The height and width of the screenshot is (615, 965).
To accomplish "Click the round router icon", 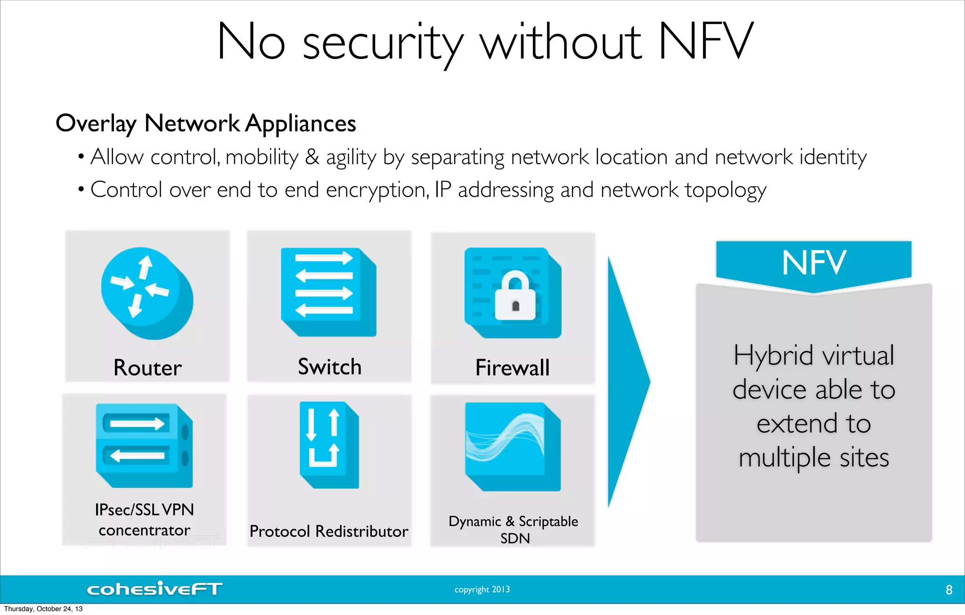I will pyautogui.click(x=147, y=293).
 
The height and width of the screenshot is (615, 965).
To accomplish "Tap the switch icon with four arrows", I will pyautogui.click(x=328, y=291).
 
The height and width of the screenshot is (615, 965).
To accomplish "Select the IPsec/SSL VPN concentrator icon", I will pyautogui.click(x=144, y=445).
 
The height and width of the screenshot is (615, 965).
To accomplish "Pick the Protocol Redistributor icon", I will pyautogui.click(x=329, y=444).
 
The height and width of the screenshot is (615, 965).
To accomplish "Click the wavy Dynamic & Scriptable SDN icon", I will pyautogui.click(x=512, y=446).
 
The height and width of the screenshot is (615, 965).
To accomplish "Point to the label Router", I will pyautogui.click(x=147, y=367).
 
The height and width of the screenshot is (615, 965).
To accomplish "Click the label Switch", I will pyautogui.click(x=329, y=366).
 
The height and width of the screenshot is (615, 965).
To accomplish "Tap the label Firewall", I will pyautogui.click(x=512, y=367).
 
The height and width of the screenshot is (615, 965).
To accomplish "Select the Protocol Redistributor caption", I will pyautogui.click(x=328, y=531).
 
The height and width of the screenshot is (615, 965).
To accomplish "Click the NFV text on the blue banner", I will pyautogui.click(x=814, y=263).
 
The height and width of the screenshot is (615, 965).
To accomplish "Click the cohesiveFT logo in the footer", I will pyautogui.click(x=154, y=589).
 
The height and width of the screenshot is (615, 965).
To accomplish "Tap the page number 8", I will pyautogui.click(x=949, y=590).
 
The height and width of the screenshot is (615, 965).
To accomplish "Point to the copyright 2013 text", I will pyautogui.click(x=482, y=590).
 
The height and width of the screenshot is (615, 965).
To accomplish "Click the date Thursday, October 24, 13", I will pyautogui.click(x=43, y=609).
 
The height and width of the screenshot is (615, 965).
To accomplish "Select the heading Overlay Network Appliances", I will pyautogui.click(x=205, y=123).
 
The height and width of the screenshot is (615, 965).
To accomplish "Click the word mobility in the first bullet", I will pyautogui.click(x=262, y=157).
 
